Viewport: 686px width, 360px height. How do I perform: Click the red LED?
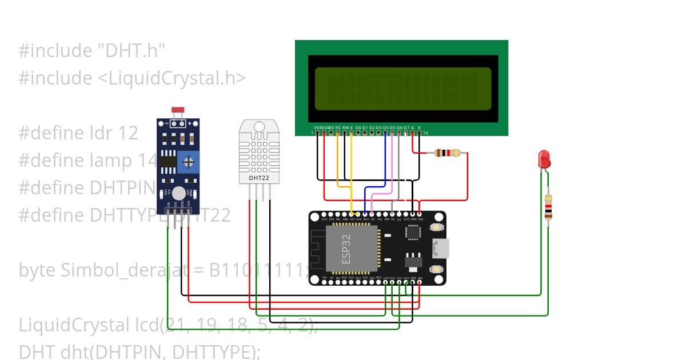click(x=544, y=158)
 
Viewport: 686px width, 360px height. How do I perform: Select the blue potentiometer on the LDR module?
click(x=188, y=162)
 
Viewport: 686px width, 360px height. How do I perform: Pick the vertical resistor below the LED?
click(x=548, y=207)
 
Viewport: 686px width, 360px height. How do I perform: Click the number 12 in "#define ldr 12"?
click(x=128, y=133)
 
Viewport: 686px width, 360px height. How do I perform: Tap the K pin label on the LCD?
click(x=419, y=127)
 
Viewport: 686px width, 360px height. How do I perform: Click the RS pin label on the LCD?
click(x=338, y=127)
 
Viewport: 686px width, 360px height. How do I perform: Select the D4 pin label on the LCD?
click(x=386, y=127)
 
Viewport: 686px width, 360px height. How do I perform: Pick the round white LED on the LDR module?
click(x=179, y=193)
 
